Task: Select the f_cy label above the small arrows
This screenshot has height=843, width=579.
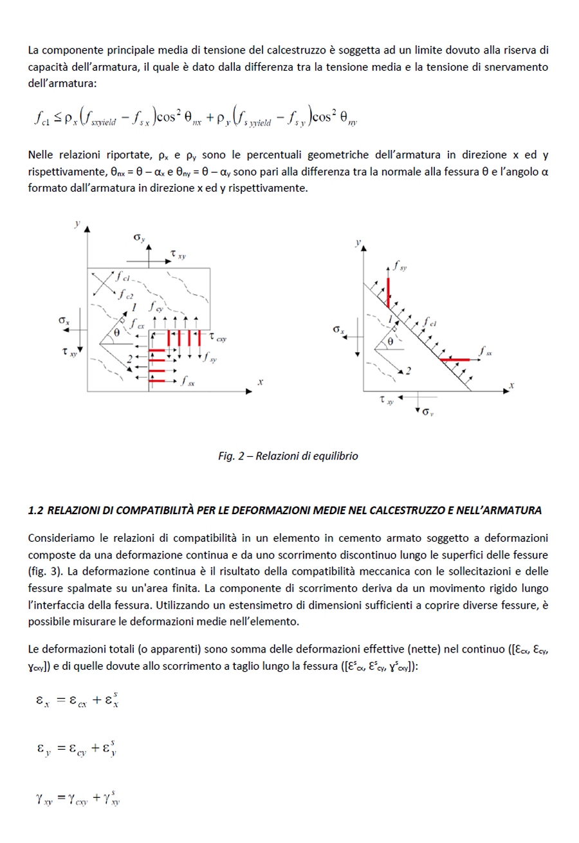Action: [x=155, y=308]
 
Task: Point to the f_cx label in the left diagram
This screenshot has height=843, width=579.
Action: [x=136, y=325]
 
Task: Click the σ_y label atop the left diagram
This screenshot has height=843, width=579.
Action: [x=140, y=238]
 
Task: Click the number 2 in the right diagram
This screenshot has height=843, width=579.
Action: [x=408, y=371]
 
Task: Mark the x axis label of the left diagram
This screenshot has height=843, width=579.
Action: [x=261, y=382]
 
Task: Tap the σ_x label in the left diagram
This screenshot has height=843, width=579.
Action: [x=62, y=320]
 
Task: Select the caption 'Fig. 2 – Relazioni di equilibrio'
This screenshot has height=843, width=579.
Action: [x=288, y=456]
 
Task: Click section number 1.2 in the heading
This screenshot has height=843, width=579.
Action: [x=35, y=510]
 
